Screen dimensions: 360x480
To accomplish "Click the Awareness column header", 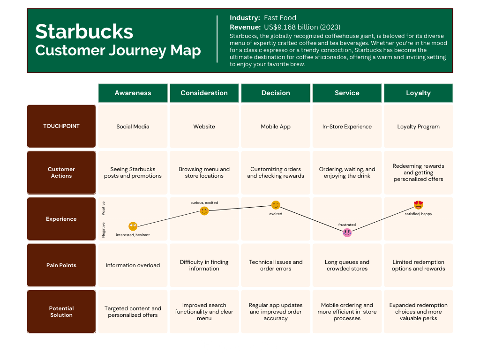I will click(x=133, y=93).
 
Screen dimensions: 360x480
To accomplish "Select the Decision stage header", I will click(x=276, y=93).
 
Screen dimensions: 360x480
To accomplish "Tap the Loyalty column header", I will click(x=418, y=93).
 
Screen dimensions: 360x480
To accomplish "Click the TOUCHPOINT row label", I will click(x=61, y=126).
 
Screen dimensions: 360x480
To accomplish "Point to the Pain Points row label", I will click(x=61, y=265).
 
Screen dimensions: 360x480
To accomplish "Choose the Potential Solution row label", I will click(x=61, y=312).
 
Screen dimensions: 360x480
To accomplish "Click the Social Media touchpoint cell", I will click(x=133, y=127).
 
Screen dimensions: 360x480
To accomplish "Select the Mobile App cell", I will click(x=276, y=127).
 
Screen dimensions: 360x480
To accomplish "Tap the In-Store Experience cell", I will click(x=347, y=127).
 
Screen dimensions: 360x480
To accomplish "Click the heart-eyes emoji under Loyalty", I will click(x=419, y=205).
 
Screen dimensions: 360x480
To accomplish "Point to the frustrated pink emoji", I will click(x=347, y=232).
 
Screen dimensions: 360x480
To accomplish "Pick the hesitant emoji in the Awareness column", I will click(x=133, y=226).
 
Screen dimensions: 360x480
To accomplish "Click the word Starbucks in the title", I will click(x=84, y=31).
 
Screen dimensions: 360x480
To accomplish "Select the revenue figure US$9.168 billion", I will click(x=302, y=27).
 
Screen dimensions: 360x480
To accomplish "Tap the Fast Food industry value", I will click(x=280, y=18).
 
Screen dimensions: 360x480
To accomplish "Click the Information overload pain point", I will click(x=133, y=265).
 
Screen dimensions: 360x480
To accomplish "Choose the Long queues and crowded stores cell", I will click(x=347, y=265).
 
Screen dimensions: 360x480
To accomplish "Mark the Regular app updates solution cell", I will click(x=276, y=312).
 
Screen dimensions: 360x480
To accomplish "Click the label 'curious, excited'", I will click(x=204, y=203).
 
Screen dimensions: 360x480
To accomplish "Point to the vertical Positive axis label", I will click(x=104, y=208).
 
